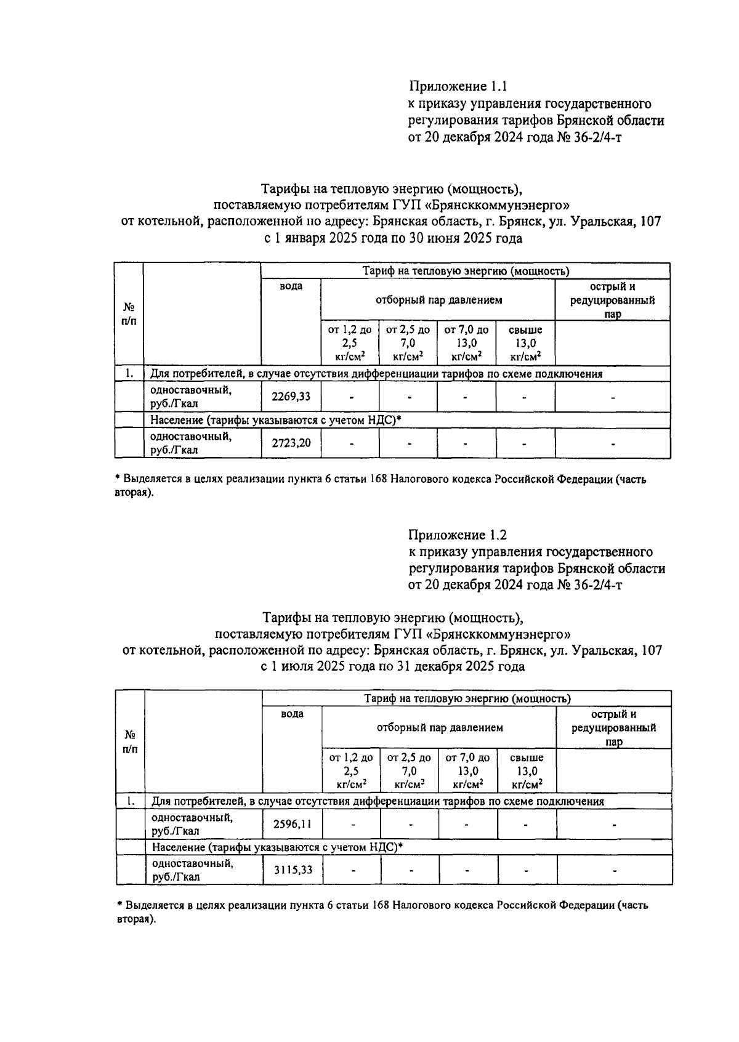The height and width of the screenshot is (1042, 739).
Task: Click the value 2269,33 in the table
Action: coord(291,397)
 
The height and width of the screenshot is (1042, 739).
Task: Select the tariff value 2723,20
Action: coord(291,443)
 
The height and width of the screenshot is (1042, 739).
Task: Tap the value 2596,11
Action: coord(293,825)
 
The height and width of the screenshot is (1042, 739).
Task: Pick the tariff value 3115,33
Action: coord(293,870)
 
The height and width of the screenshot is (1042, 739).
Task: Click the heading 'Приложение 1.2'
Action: coord(458,535)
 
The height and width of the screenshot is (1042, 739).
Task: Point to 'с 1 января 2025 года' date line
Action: coord(393,238)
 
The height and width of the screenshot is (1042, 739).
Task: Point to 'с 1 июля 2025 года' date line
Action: coord(393,666)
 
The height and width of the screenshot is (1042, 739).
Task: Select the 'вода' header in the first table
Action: coord(291,286)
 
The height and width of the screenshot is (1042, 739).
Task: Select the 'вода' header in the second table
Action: coord(292,714)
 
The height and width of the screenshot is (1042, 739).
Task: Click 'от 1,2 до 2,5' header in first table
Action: coord(350,343)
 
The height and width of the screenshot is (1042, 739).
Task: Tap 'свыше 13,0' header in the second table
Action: coord(527,771)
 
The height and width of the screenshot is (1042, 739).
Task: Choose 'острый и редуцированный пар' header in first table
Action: coord(612,300)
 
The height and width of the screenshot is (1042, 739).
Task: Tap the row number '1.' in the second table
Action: coord(130,801)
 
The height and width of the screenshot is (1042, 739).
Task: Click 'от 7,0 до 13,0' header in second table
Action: coord(467,771)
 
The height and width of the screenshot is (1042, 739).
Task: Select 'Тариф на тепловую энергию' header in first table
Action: coord(465,271)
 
